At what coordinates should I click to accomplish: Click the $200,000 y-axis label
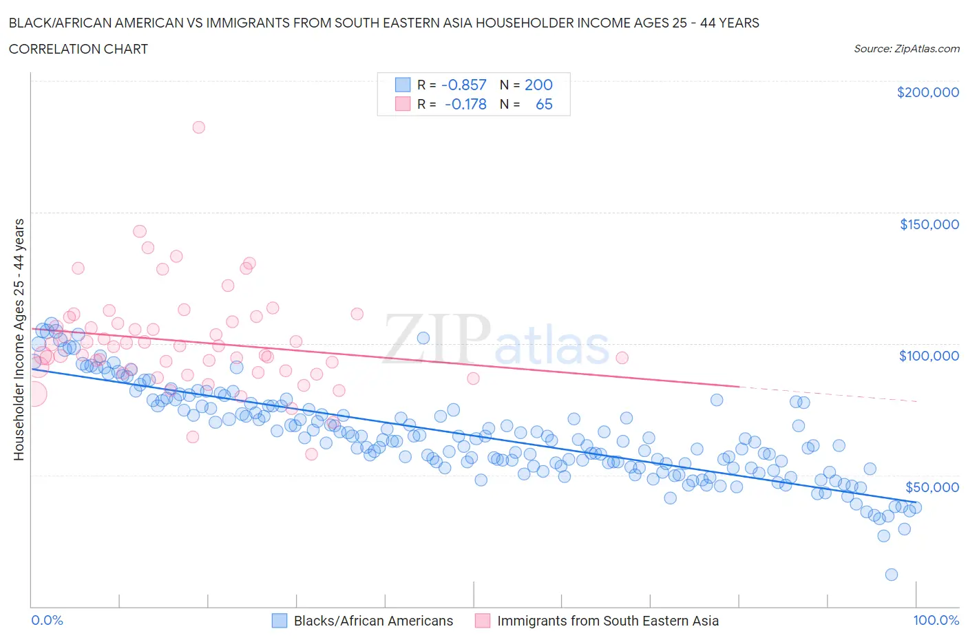927,92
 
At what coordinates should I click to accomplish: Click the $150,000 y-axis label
929,224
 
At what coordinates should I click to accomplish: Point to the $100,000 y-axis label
929,356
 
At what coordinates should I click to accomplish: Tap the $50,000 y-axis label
932,487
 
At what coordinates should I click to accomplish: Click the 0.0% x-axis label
48,620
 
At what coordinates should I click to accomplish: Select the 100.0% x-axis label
936,620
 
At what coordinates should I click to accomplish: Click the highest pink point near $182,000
198,127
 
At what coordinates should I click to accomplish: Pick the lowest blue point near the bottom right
892,575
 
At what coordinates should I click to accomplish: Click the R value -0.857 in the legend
463,85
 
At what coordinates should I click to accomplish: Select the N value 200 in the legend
538,85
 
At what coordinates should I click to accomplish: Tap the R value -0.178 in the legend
465,104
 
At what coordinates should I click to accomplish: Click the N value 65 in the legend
544,104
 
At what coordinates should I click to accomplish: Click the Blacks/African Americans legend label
373,621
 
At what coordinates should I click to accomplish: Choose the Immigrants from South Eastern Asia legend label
607,621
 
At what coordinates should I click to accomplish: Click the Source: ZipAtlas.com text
906,48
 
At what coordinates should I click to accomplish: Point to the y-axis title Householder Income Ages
19,339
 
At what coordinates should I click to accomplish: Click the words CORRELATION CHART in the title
78,49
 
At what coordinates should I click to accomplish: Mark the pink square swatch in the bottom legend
483,621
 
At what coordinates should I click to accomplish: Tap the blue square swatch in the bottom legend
279,621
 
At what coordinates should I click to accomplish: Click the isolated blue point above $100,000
423,338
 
